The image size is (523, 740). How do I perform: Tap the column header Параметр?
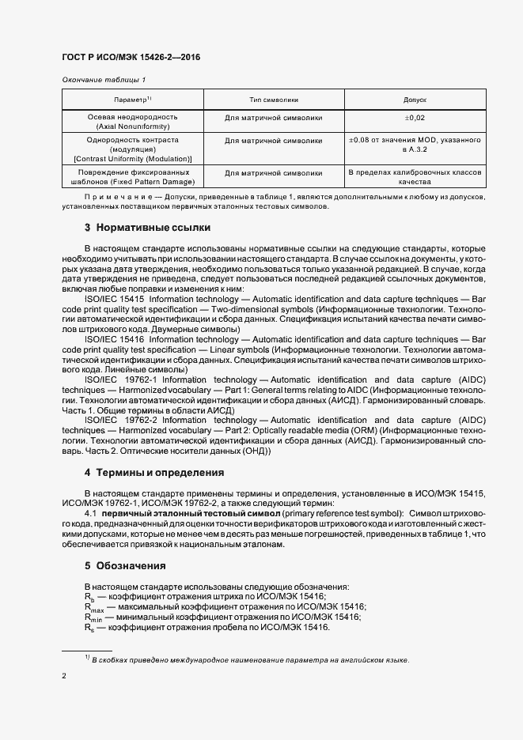pos(131,100)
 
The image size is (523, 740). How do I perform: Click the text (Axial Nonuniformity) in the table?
pos(132,126)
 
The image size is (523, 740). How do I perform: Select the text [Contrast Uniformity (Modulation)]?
pos(132,158)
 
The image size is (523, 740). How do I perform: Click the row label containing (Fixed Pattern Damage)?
pos(132,181)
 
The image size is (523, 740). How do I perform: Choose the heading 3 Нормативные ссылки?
pos(147,228)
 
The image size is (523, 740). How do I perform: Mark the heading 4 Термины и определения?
pos(153,473)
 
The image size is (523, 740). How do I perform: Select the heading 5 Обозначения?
pos(125,566)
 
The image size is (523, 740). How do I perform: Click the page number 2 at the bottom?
pos(64,677)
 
